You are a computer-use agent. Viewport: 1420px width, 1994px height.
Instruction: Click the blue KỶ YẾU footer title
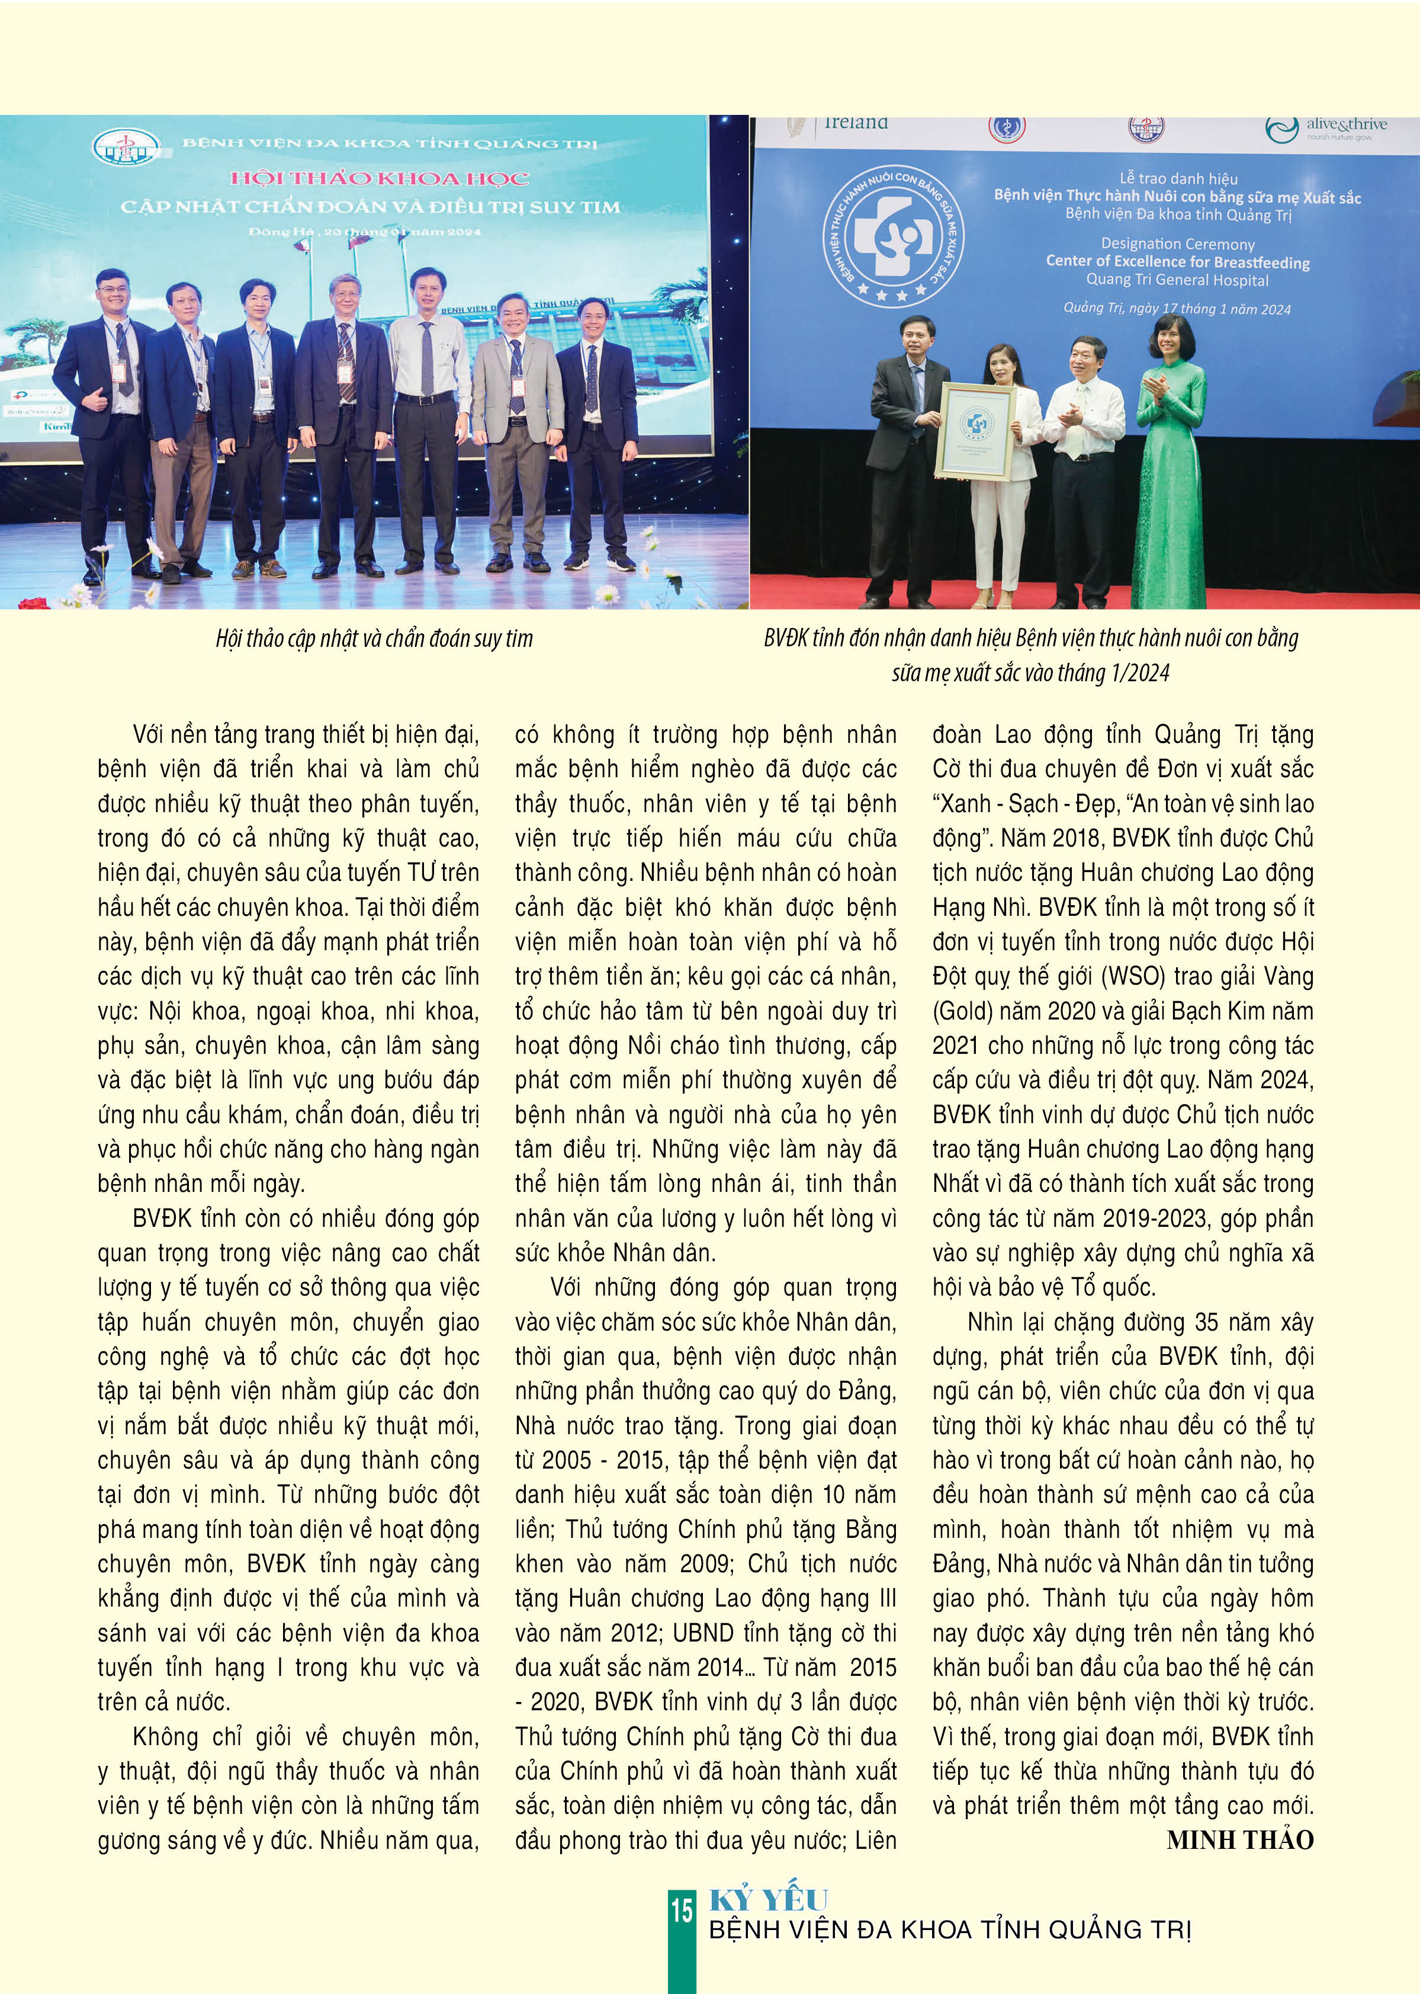click(x=767, y=1900)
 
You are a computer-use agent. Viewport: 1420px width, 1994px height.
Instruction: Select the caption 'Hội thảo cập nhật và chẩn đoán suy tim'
click(x=374, y=639)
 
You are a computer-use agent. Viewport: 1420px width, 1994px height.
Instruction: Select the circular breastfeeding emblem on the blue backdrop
click(x=893, y=236)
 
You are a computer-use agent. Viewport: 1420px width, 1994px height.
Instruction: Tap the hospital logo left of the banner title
click(x=127, y=146)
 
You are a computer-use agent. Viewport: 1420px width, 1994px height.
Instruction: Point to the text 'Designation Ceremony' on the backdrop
click(x=1177, y=244)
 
